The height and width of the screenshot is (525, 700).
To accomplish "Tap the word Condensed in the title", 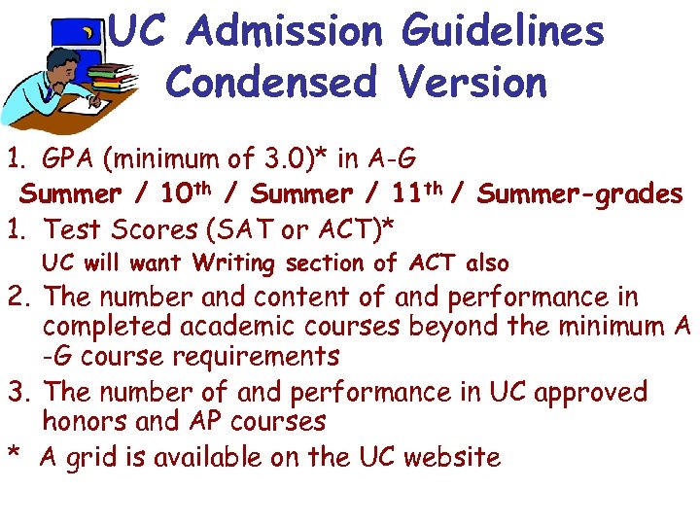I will pyautogui.click(x=270, y=83).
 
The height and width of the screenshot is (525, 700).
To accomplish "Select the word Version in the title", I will pyautogui.click(x=472, y=83).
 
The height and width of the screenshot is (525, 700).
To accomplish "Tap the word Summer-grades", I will pyautogui.click(x=580, y=194).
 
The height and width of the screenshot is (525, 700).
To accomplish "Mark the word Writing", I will pyautogui.click(x=232, y=263).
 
